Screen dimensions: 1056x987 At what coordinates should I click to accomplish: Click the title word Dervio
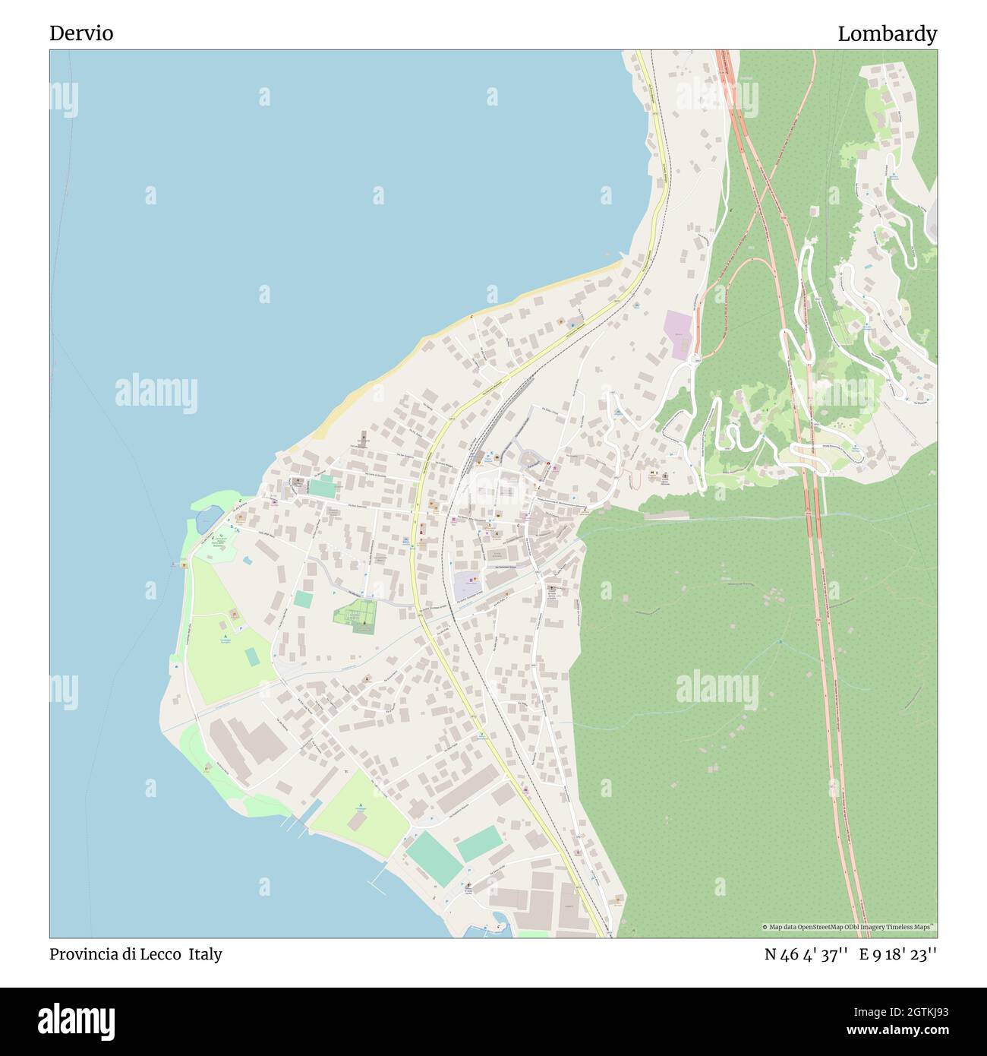coord(81,33)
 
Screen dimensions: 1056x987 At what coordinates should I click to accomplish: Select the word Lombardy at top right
coord(887,33)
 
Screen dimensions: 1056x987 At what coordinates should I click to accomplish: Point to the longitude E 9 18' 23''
coord(898,955)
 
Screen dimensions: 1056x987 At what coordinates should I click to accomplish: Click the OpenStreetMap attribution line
coord(849,927)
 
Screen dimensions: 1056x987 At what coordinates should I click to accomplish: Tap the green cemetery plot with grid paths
coord(356,615)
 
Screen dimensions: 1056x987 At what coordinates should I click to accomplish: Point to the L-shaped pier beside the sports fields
coord(376,882)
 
